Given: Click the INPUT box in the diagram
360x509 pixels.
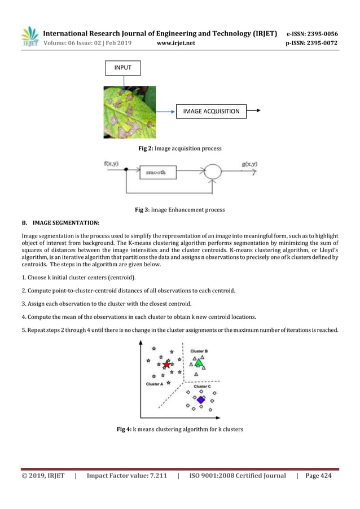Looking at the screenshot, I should point(122,68).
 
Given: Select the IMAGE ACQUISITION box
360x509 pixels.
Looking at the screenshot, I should point(211,111).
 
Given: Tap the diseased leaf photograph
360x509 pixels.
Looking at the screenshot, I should point(129,112).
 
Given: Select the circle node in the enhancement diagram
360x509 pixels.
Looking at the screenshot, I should point(211,172).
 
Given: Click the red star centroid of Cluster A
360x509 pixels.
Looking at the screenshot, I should point(166,365).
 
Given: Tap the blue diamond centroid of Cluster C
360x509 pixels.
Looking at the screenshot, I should point(200,400).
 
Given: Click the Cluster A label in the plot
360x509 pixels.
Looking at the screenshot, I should point(155,384).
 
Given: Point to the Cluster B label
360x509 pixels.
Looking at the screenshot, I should point(199,350).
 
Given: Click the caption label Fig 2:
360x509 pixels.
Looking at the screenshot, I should point(146,148).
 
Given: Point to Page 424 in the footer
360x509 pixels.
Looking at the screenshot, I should point(318,476).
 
